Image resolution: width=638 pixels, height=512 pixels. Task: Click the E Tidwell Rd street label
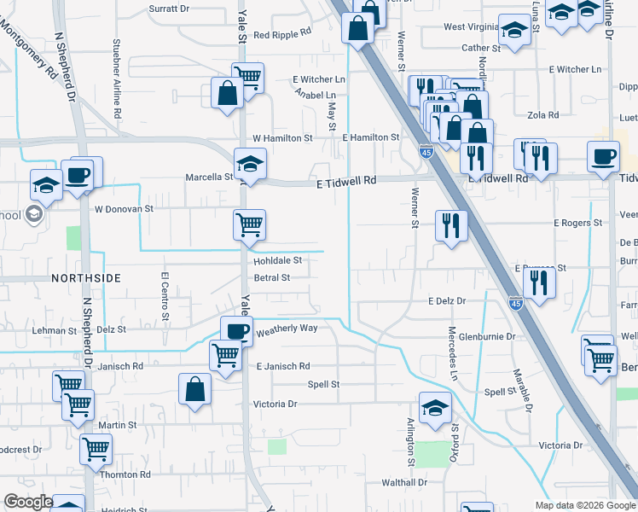click(345, 181)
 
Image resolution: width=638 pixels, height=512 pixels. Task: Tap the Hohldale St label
click(278, 261)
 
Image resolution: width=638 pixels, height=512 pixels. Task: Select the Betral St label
click(272, 277)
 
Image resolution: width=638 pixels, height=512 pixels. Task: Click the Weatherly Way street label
click(287, 329)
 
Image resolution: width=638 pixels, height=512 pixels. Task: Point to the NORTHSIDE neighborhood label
click(85, 278)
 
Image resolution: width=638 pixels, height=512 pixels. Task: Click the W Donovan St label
click(124, 207)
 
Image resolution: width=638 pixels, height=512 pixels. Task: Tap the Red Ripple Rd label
click(282, 35)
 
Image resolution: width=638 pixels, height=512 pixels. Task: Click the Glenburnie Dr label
click(486, 336)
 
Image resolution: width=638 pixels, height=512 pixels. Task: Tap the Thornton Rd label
click(125, 474)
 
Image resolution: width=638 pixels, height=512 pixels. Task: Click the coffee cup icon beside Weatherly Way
click(236, 330)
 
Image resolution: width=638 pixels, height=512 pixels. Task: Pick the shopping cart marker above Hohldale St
click(250, 224)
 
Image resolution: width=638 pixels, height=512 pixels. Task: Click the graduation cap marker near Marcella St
click(250, 163)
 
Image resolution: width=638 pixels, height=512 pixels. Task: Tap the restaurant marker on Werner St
click(450, 225)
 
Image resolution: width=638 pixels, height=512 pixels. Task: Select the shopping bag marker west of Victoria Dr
click(195, 389)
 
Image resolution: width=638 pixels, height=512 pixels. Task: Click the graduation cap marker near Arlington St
click(434, 406)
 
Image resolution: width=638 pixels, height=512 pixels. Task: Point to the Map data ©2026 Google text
click(585, 505)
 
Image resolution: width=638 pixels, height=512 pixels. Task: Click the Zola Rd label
click(542, 115)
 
